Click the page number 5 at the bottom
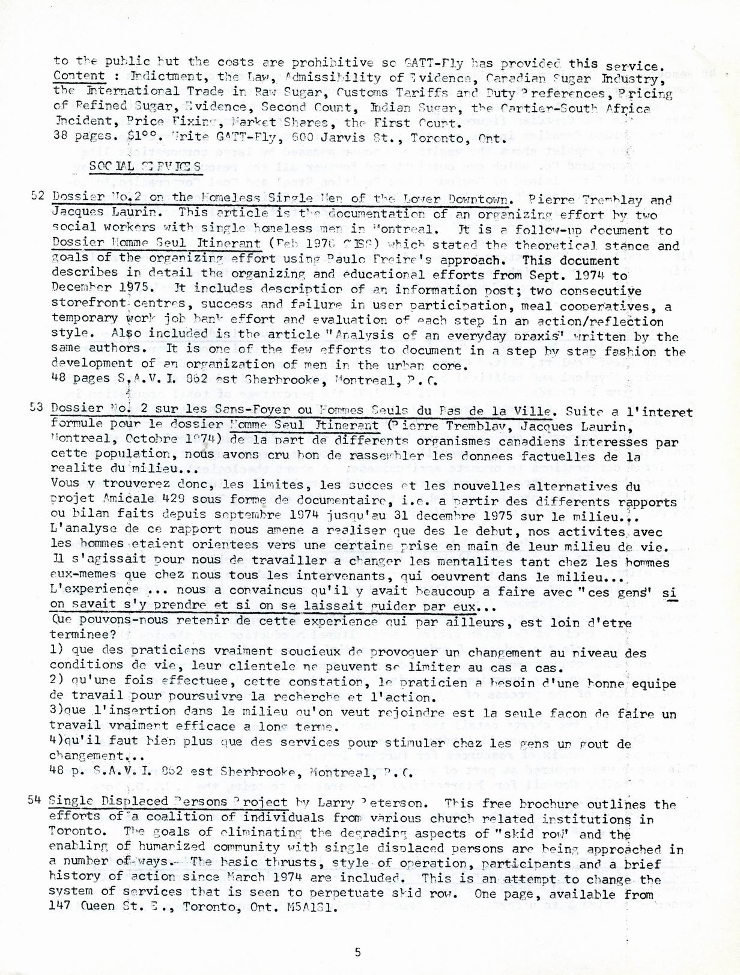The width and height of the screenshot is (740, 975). pos(358,952)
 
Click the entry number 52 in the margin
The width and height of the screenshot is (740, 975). pos(37,196)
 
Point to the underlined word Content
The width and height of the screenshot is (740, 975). pos(79,76)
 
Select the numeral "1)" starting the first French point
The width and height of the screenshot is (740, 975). pos(58,649)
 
